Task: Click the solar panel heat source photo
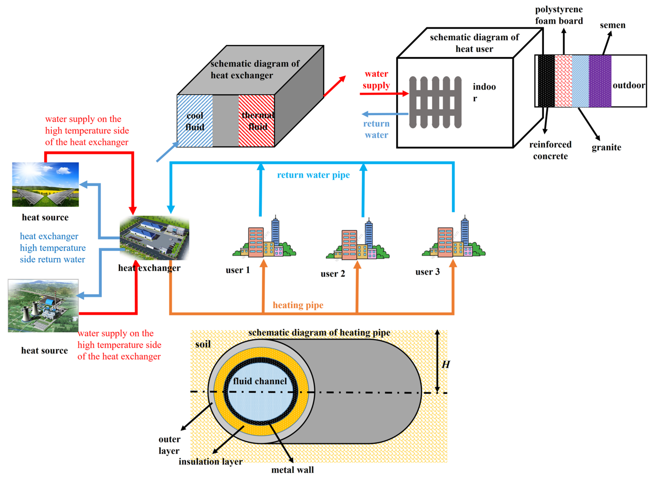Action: pyautogui.click(x=45, y=185)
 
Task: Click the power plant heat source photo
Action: pyautogui.click(x=43, y=305)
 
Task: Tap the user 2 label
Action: pyautogui.click(x=333, y=274)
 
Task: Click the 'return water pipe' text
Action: pyautogui.click(x=313, y=175)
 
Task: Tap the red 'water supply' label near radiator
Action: pyautogui.click(x=376, y=80)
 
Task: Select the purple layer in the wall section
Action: pyautogui.click(x=600, y=81)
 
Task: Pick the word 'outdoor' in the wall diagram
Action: pyautogui.click(x=629, y=85)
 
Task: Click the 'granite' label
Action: pyautogui.click(x=606, y=148)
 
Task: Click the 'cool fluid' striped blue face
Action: pyautogui.click(x=195, y=121)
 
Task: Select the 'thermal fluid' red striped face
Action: pyautogui.click(x=257, y=121)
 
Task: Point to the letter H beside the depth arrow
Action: pyautogui.click(x=446, y=365)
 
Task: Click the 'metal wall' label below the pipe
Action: pyautogui.click(x=292, y=470)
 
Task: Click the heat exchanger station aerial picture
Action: pyautogui.click(x=154, y=238)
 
